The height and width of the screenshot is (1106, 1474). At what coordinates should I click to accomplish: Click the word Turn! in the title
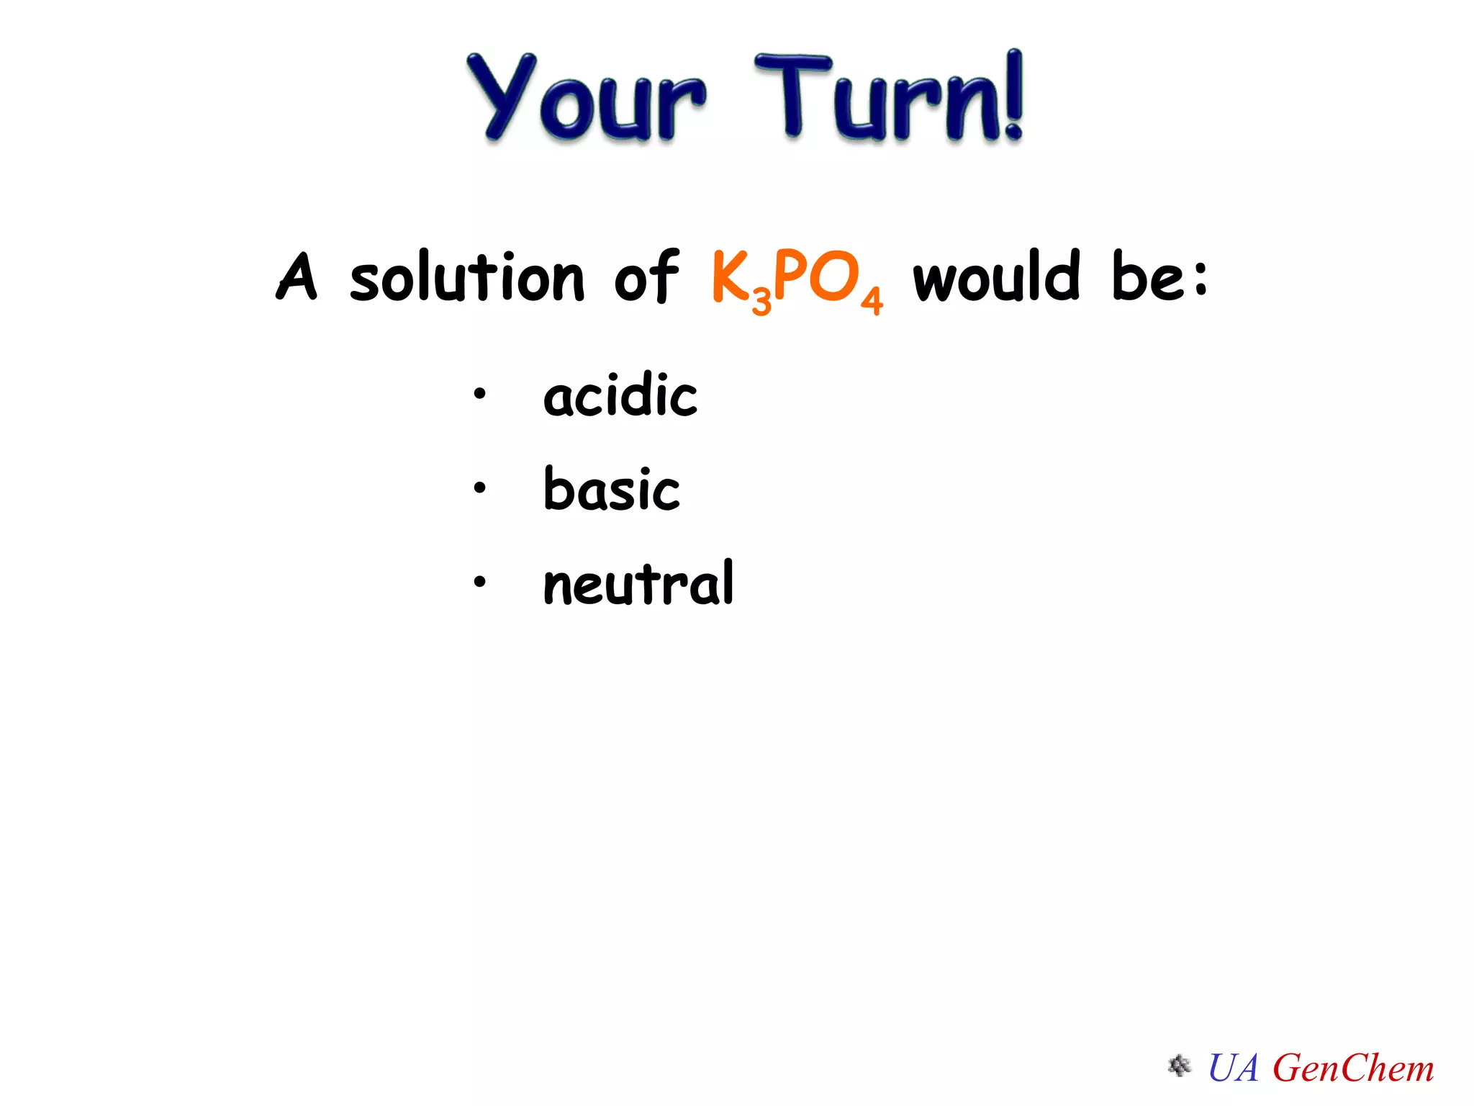tap(889, 97)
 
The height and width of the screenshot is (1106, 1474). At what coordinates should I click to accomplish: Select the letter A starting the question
tap(297, 276)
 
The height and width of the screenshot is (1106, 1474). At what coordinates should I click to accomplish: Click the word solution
tap(467, 276)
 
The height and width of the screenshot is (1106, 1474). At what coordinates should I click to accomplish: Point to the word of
tap(646, 276)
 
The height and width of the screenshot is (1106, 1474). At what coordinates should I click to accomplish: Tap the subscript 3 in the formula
tap(761, 300)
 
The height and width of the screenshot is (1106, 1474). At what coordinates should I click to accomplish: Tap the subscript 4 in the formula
tap(872, 300)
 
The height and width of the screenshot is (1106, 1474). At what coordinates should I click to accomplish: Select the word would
tap(997, 276)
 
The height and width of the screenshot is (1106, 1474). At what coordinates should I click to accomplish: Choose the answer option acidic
tap(620, 395)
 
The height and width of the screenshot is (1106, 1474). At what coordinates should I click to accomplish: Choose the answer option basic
tap(612, 490)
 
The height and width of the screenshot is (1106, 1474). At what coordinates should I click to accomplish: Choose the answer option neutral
tap(638, 583)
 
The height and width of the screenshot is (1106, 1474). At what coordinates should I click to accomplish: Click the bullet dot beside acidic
tap(480, 395)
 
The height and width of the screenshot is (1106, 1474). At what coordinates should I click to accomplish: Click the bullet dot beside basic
tap(480, 488)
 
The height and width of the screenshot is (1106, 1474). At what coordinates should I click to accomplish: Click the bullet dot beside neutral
tap(480, 581)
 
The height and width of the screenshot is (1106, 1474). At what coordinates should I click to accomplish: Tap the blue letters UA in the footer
tap(1234, 1068)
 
